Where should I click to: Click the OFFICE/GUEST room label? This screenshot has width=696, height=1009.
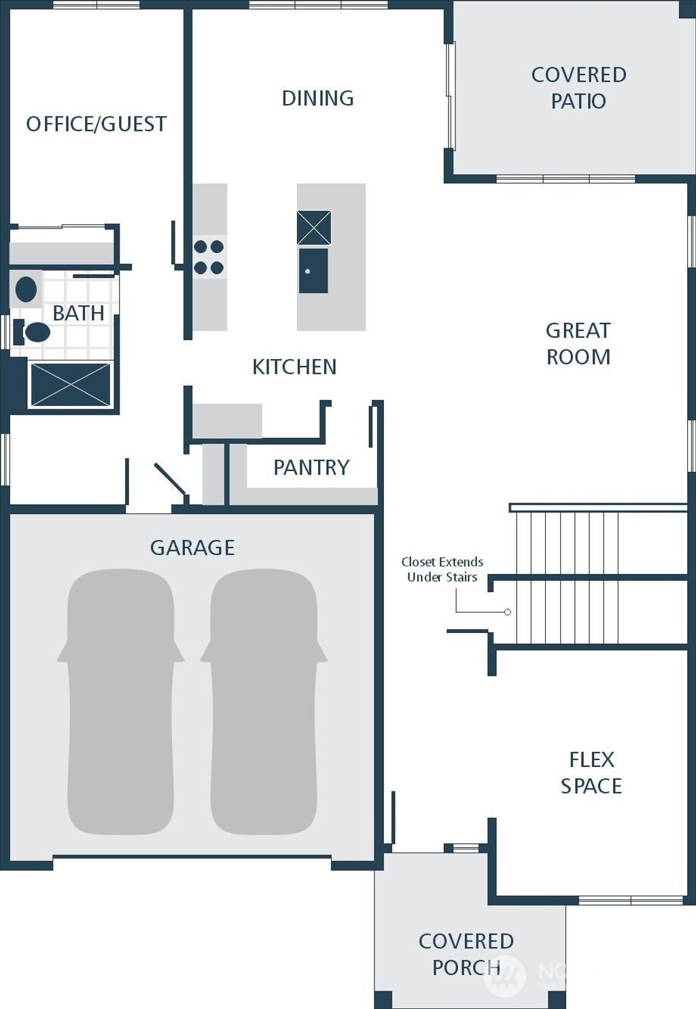[x=96, y=124]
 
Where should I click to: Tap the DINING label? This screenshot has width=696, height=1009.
[x=317, y=99]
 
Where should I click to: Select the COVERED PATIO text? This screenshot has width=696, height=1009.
[x=578, y=88]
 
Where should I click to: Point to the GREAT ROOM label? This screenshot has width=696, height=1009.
[x=578, y=343]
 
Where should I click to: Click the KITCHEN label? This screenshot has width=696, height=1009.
[x=294, y=367]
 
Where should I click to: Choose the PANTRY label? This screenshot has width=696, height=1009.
[x=311, y=468]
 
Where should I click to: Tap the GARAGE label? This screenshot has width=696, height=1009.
[x=192, y=548]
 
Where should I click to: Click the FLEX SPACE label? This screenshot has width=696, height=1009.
[x=591, y=772]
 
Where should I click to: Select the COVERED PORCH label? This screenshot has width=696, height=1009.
[x=466, y=954]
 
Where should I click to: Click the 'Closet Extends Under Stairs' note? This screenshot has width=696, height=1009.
[x=442, y=570]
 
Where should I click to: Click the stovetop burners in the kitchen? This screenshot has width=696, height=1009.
[x=209, y=257]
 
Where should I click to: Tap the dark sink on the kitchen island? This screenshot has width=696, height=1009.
[x=313, y=271]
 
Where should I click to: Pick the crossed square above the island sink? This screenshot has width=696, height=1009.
[x=314, y=228]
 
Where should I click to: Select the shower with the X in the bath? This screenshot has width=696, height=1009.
[x=70, y=385]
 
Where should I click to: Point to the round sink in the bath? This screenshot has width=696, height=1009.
[x=26, y=290]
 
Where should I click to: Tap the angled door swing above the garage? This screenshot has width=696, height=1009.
[x=170, y=479]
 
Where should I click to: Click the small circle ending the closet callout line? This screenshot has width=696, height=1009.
[x=508, y=612]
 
